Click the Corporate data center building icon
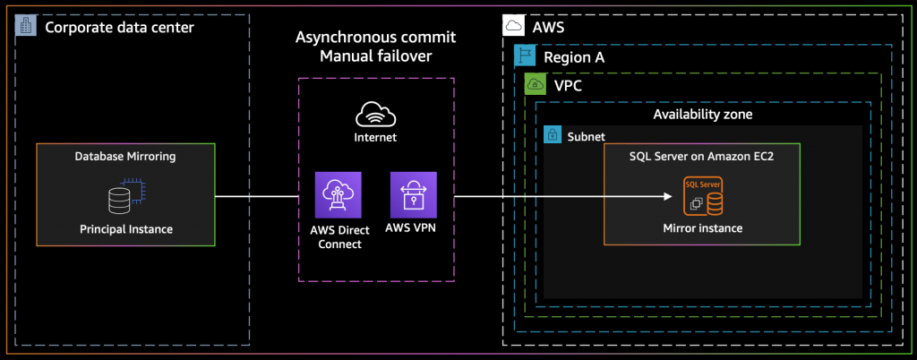(25, 26)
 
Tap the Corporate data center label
(119, 27)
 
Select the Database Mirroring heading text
(125, 157)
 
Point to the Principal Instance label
(126, 229)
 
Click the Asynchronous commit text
(375, 38)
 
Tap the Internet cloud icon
(375, 114)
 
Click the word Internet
(375, 138)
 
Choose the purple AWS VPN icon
(414, 195)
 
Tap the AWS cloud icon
(513, 26)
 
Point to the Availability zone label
(702, 115)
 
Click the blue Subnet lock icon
(552, 135)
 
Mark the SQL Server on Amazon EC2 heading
(702, 157)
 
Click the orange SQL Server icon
(702, 196)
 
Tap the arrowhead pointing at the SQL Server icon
(667, 196)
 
